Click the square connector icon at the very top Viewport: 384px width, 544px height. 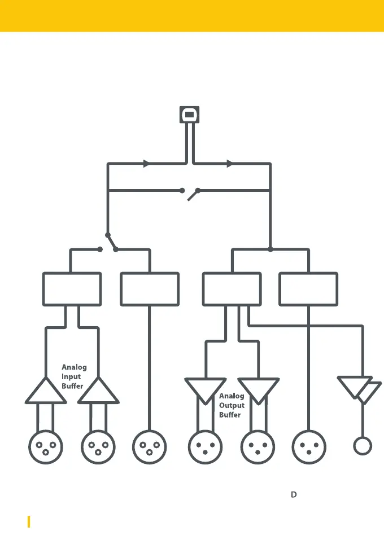(190, 115)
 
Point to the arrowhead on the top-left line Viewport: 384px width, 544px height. (146, 164)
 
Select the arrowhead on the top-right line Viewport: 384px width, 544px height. (230, 164)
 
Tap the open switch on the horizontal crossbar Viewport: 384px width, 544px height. (190, 193)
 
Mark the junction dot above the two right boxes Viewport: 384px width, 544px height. (270, 249)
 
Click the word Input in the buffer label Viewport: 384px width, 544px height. (71, 376)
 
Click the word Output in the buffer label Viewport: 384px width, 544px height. (232, 405)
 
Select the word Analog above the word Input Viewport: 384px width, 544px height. (74, 367)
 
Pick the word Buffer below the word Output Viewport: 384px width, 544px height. (230, 415)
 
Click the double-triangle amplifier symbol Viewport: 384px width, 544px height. (359, 389)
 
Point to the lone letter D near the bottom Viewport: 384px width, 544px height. (294, 494)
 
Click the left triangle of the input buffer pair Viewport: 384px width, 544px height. (46, 392)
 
